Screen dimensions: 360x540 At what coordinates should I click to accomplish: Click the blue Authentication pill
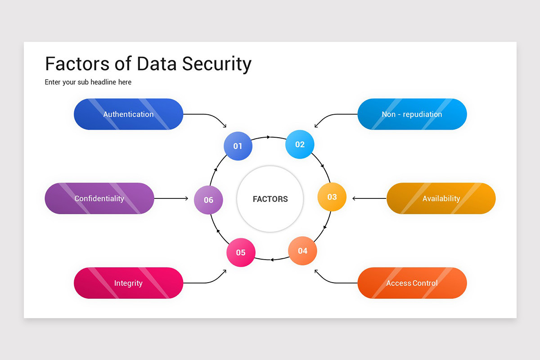coord(128,114)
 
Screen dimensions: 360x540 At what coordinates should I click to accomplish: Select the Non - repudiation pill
coord(412,114)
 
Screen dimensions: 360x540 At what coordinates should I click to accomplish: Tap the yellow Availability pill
coord(441,198)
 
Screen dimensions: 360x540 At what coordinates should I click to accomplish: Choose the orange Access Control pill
coord(412,283)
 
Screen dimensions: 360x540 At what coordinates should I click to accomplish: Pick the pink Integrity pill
coord(128,283)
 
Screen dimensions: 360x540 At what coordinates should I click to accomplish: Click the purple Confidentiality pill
coord(99,198)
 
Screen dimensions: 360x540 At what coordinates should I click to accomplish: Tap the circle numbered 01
coord(238,146)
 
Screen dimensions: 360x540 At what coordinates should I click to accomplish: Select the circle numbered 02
coord(300,144)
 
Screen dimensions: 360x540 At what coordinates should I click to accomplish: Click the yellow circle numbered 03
coord(332,197)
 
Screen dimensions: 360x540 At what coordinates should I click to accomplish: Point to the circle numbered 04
coord(302,251)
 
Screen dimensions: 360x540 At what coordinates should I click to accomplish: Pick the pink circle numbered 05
coord(241,252)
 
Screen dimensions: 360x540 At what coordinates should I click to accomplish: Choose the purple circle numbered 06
coord(208,200)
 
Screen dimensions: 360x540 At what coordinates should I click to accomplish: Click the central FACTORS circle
coord(270,199)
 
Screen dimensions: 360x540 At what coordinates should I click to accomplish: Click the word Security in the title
coord(216,64)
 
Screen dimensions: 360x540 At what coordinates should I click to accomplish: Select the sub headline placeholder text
coord(88,82)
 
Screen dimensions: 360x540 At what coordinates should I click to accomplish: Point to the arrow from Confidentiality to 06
coord(171,198)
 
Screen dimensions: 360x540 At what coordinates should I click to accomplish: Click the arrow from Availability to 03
coord(369,198)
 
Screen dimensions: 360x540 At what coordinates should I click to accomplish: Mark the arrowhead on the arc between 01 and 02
coord(268,137)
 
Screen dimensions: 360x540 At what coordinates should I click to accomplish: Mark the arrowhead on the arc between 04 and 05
coord(272,259)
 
